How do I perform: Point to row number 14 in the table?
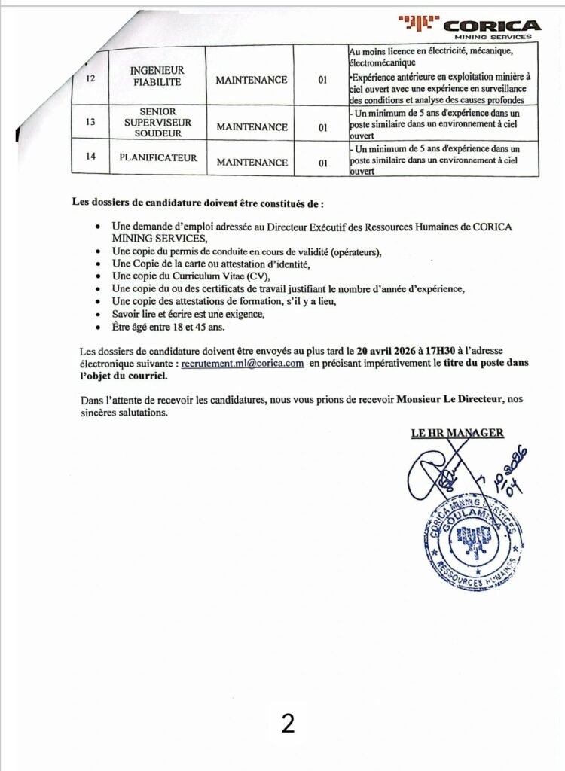click(90, 158)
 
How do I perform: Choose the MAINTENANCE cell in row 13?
click(252, 127)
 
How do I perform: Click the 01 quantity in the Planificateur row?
click(322, 163)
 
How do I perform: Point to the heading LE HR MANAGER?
click(457, 433)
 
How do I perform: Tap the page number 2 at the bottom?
click(288, 724)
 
